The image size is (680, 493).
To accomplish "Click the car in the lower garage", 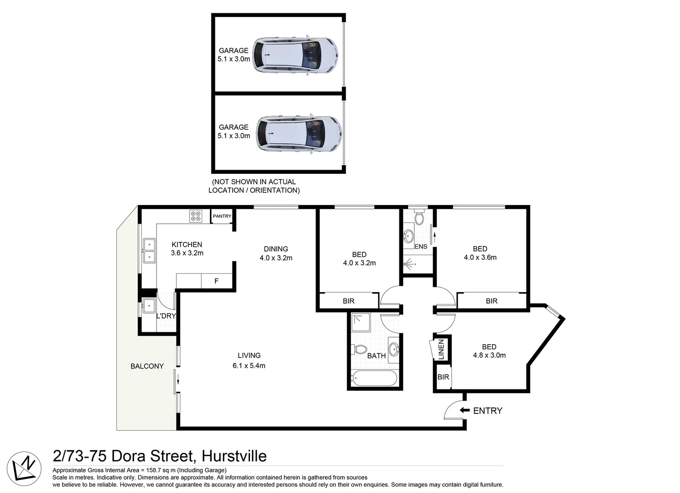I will coord(298,133).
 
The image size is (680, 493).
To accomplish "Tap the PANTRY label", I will coord(222,216).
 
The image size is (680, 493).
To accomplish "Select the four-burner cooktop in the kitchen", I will coord(196,216).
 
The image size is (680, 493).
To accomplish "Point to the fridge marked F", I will coord(217,281).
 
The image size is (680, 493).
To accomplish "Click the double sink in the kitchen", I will coord(149,251).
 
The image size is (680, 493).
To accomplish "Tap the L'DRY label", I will coord(166,316).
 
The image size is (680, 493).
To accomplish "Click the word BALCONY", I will coord(147,366).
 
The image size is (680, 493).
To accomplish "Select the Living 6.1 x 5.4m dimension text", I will coord(249,366).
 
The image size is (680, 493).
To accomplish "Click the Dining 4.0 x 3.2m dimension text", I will coord(276,258).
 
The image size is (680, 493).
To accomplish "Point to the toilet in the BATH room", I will coord(360,350).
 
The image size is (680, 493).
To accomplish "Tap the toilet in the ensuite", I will coord(419,218).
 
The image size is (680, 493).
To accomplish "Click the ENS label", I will coord(421,246).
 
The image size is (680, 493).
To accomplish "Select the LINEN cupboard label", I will coord(441,349).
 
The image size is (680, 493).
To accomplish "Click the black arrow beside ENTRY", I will coord(464,410).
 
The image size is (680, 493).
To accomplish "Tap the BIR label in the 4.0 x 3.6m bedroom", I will coord(492,301).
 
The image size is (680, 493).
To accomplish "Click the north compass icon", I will coord(24,468).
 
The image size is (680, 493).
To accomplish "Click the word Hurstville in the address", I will coord(234,456).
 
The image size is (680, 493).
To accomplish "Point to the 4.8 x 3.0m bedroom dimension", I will coord(489,355).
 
